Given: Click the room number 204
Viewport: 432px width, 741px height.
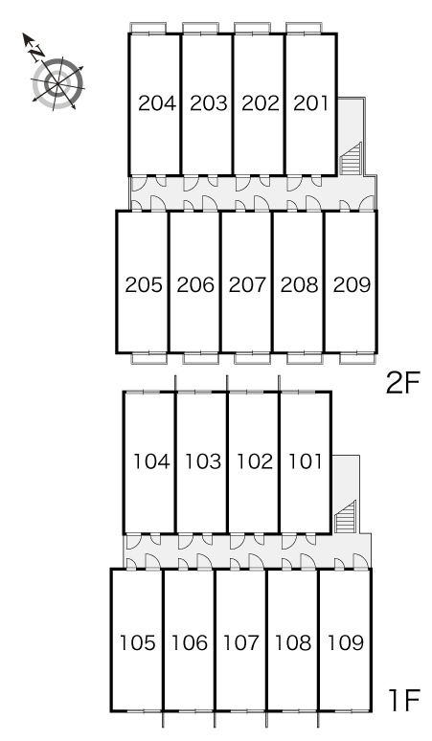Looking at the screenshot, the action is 157,103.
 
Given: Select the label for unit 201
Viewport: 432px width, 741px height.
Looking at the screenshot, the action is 310,103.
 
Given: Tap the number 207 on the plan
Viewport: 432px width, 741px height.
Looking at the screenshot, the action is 248,284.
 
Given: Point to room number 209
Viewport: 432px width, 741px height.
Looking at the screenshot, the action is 352,284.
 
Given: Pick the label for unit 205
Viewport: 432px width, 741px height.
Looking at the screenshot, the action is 144,284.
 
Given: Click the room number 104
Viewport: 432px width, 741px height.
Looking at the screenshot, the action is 151,461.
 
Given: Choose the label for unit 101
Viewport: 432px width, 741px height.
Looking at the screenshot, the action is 306,461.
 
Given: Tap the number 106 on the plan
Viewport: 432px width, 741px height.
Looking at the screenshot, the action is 189,642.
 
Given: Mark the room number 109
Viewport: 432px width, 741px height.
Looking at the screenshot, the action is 346,642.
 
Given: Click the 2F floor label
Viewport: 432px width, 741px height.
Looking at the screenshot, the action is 403,383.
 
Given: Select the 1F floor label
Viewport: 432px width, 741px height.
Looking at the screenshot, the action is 404,701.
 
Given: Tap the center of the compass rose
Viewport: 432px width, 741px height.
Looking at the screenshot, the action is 57,84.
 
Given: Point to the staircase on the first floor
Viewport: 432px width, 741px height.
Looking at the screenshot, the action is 345,517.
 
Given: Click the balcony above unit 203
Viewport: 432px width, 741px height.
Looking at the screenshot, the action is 200,28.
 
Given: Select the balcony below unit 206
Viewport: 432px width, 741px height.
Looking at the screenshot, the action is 201,358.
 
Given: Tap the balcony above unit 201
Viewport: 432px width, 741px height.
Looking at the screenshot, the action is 305,28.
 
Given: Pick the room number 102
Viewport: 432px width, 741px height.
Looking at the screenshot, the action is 255,461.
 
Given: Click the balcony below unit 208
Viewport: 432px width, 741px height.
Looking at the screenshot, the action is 305,358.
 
